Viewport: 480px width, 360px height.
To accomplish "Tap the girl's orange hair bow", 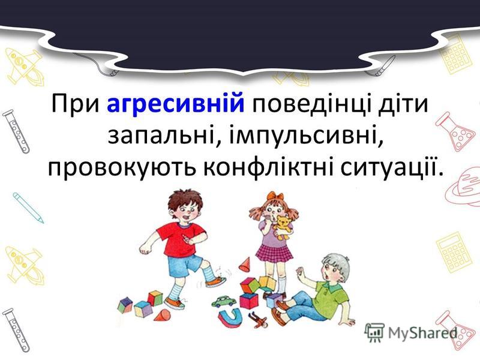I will tap(275, 197).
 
